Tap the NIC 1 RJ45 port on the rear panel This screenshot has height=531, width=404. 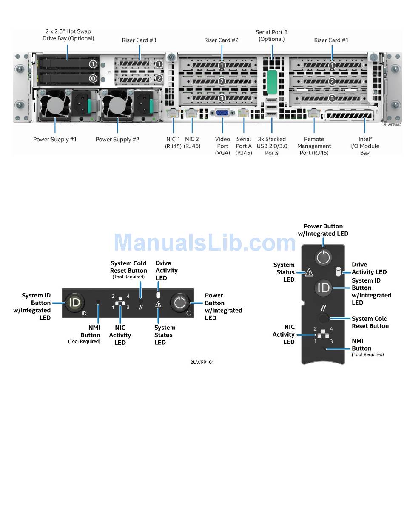tap(173, 113)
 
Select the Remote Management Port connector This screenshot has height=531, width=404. tap(313, 113)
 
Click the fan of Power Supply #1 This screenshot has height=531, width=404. tap(55, 105)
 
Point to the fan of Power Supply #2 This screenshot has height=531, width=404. tap(118, 105)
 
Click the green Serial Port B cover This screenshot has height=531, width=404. tap(272, 82)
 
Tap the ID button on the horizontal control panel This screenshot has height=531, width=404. tap(74, 302)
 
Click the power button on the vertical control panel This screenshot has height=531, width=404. tap(323, 257)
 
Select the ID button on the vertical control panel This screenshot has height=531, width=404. tap(323, 287)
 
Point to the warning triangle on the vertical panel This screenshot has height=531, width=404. tap(309, 272)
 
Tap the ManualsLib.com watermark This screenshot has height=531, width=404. tap(205, 242)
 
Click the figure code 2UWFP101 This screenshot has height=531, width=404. tap(202, 362)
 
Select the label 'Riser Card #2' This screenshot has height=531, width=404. tap(221, 40)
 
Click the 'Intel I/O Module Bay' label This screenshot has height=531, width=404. tap(364, 146)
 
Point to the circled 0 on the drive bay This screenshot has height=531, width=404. tap(93, 78)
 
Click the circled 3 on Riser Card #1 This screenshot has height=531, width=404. tap(332, 98)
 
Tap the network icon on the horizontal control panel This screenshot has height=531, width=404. tap(120, 301)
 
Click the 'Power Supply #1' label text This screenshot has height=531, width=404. tap(54, 139)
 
